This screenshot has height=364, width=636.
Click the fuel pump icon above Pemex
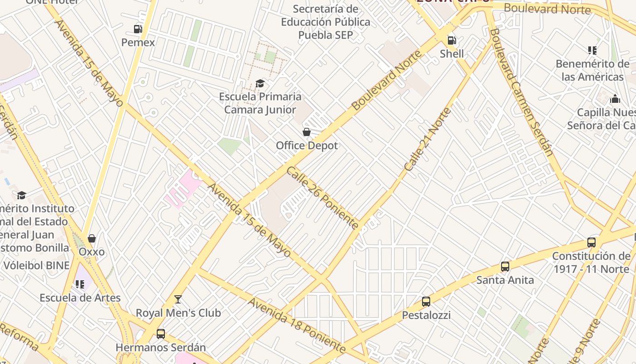tap(138, 29)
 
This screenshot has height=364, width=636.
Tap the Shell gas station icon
tap(452, 40)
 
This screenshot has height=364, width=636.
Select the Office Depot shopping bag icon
tap(307, 132)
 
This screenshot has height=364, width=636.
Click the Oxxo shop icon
tap(92, 238)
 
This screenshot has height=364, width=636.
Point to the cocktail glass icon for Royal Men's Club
tap(178, 299)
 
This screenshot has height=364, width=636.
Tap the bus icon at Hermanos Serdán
tap(161, 334)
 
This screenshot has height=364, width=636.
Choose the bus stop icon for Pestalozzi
tap(426, 301)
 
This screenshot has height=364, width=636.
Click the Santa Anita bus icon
tap(505, 267)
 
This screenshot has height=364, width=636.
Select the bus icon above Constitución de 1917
tap(591, 243)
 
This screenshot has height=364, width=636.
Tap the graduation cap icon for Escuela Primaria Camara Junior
tap(260, 83)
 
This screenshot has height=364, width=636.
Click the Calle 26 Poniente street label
tap(323, 197)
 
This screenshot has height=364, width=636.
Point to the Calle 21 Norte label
tap(428, 139)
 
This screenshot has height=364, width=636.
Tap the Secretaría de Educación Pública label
tap(325, 22)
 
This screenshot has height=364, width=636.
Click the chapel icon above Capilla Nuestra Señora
tap(615, 99)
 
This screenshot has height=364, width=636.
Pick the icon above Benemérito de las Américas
tap(592, 50)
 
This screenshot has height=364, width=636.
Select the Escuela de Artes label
tap(80, 298)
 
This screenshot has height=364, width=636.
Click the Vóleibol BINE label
tap(37, 265)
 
